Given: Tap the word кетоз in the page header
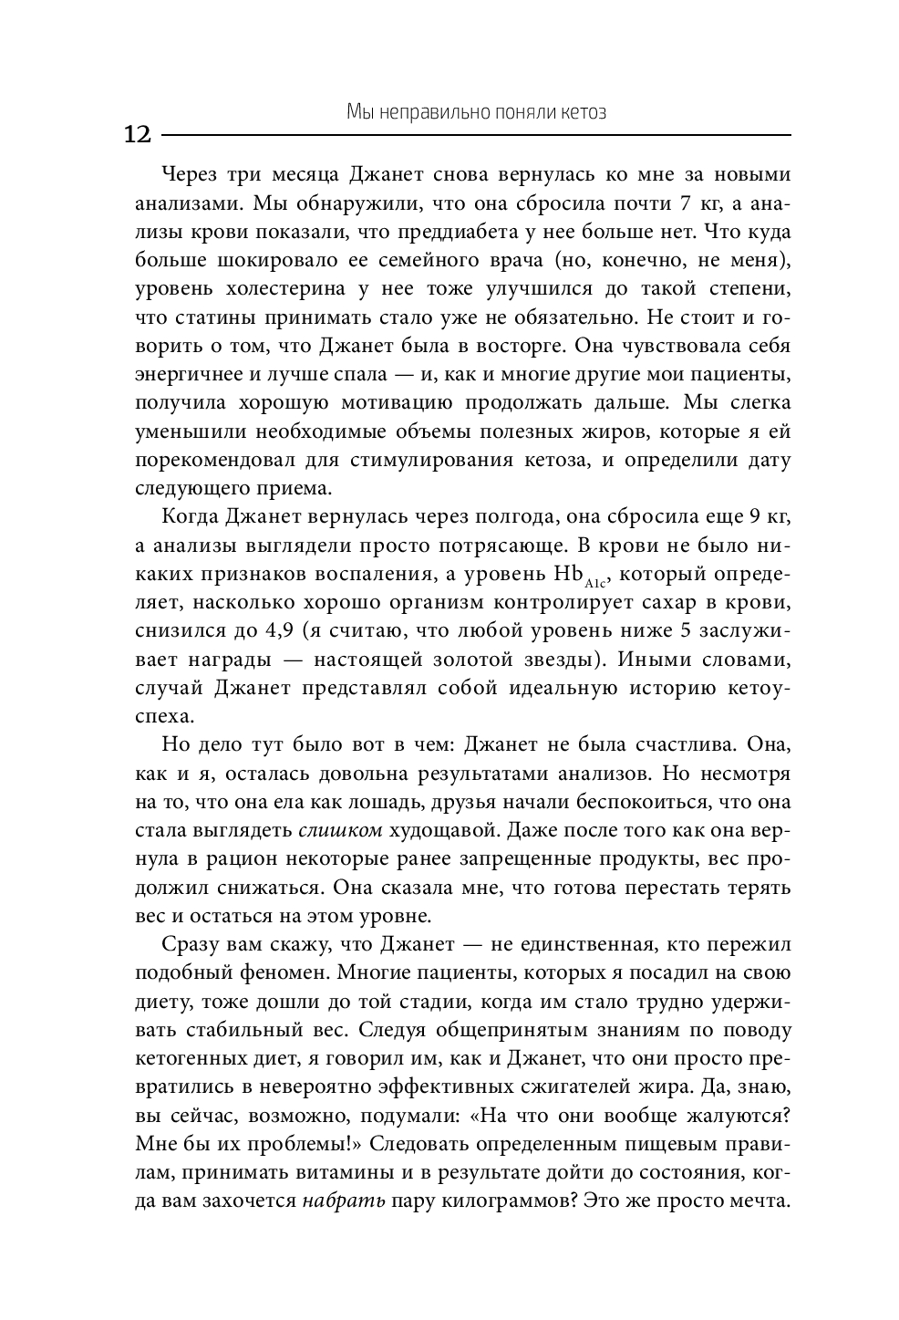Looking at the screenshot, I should pos(581,113).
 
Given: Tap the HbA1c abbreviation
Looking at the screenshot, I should pos(578,577).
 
